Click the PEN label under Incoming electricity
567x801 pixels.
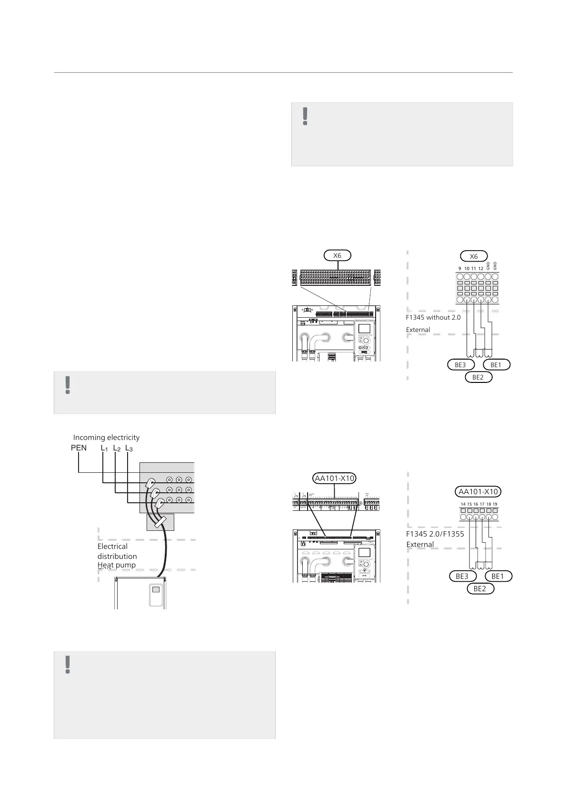[79, 448]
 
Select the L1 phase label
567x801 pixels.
[104, 448]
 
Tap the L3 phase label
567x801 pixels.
[129, 448]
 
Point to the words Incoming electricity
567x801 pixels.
[106, 438]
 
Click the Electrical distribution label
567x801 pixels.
[117, 551]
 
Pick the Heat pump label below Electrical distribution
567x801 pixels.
[117, 565]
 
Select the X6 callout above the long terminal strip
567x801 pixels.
[337, 255]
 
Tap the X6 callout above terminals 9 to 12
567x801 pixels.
[474, 256]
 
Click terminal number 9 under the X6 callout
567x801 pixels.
[460, 269]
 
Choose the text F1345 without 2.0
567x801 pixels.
[433, 317]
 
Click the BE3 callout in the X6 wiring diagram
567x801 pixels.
[460, 365]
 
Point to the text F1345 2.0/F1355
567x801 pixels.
[435, 534]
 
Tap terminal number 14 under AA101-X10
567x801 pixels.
[463, 504]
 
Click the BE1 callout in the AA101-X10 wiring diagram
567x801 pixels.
[497, 576]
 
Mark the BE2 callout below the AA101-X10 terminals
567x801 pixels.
[480, 589]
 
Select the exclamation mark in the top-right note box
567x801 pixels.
[306, 116]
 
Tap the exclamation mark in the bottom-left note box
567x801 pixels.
[68, 664]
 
